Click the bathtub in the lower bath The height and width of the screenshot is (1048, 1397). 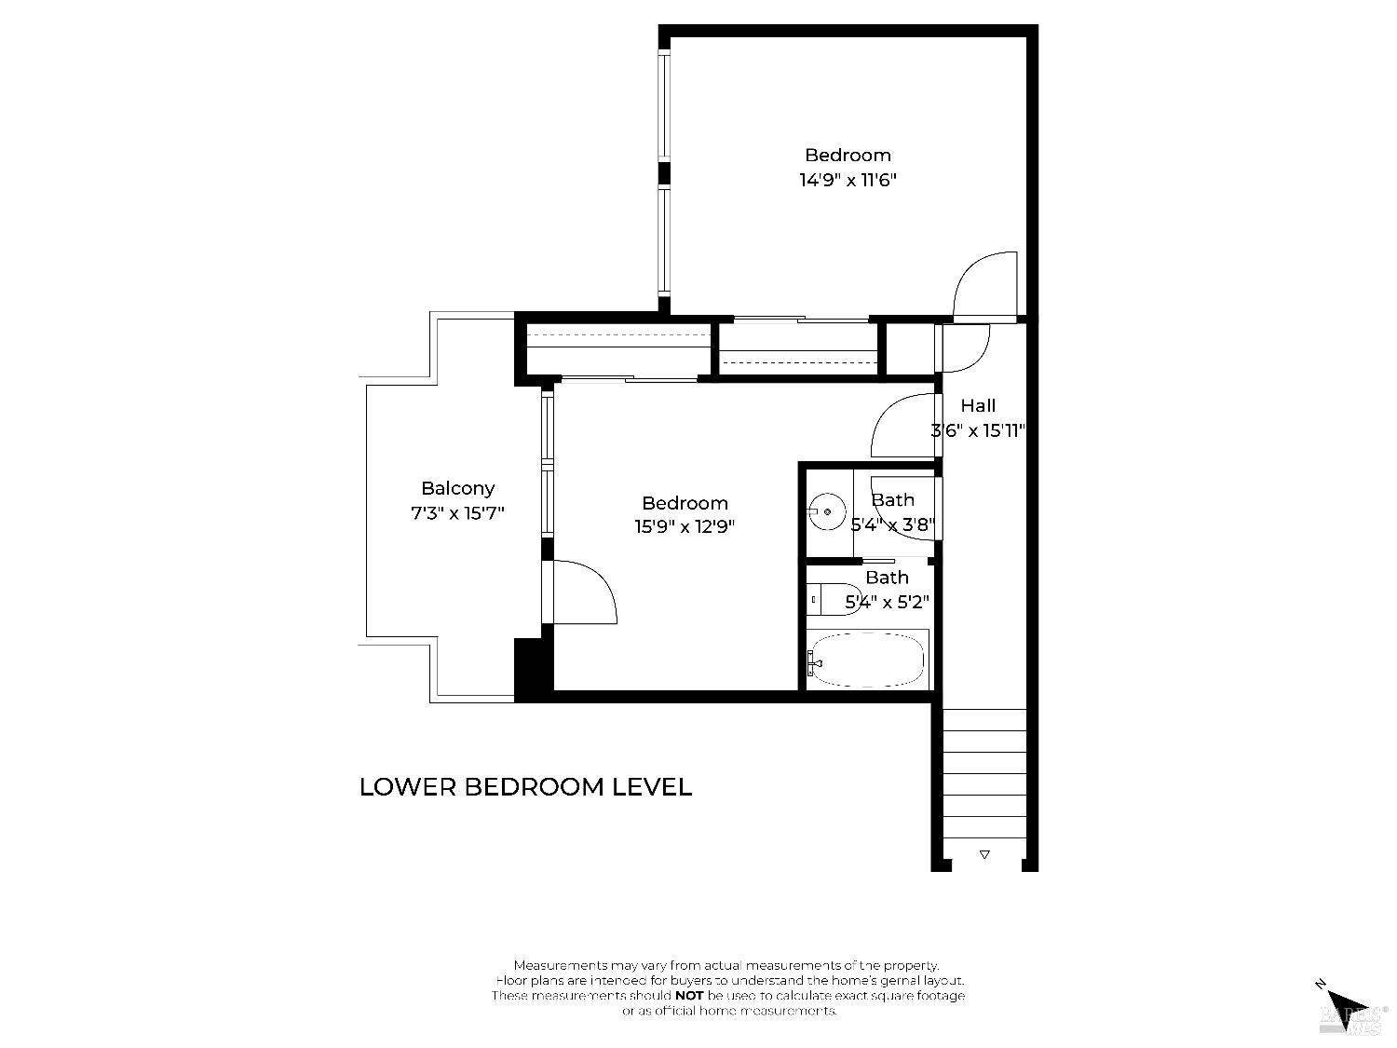pos(867,660)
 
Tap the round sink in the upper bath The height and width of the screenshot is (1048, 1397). pos(826,511)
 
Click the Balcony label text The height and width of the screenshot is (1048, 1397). pos(457,488)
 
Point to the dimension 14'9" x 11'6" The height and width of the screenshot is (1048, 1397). pos(848,180)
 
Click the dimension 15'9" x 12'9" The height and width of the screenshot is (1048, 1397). pos(685,526)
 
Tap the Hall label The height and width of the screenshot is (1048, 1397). pos(978,405)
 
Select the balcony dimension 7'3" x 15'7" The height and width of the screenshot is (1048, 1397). pos(457,512)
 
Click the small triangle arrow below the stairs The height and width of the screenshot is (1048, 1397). pos(984,853)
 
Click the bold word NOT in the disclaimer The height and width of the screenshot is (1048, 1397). pos(689,996)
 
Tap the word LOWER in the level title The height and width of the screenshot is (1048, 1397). pos(407,787)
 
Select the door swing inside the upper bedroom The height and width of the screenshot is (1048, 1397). pos(986,284)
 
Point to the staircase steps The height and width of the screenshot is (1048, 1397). pos(984,773)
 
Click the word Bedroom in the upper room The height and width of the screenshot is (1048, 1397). pos(848,156)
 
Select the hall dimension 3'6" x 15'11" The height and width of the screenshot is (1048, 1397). pos(978,430)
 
